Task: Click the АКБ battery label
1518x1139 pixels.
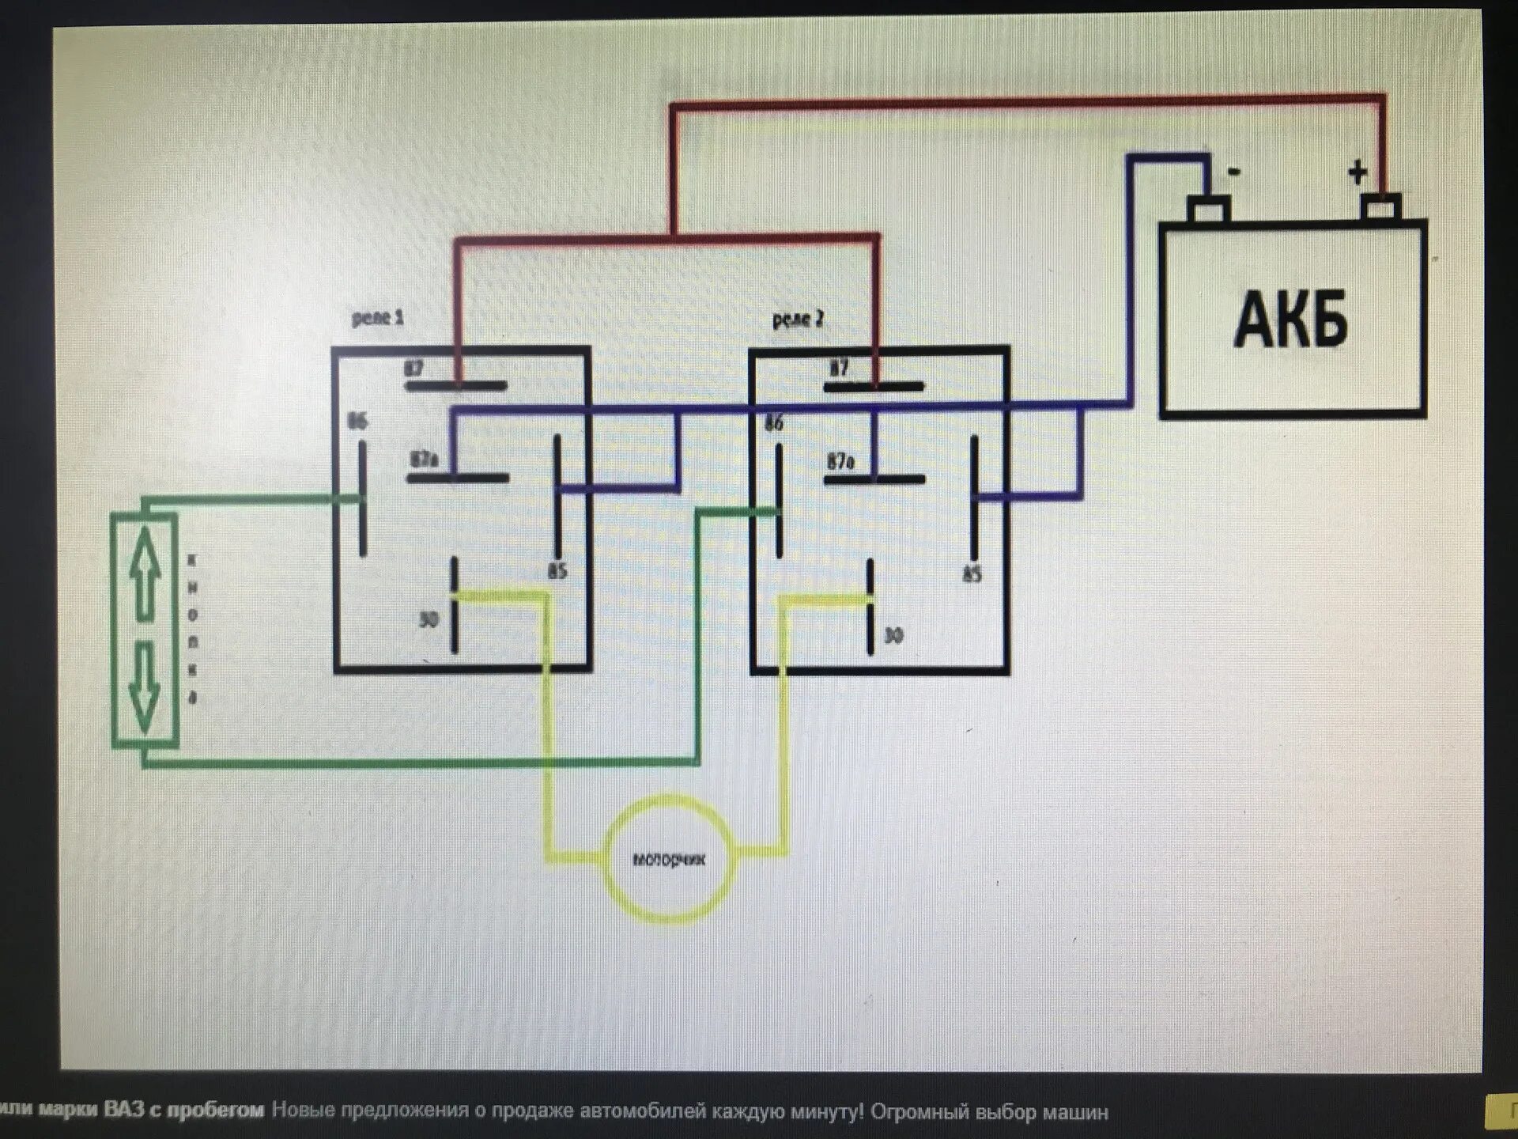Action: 1291,320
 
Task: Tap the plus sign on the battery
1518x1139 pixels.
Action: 1358,172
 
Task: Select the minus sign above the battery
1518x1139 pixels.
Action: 1234,171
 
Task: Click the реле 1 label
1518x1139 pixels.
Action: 377,318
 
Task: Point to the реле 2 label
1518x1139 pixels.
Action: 797,320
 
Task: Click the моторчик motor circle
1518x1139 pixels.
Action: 669,859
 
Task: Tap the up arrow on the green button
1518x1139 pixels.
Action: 144,572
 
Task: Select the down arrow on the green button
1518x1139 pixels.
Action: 144,687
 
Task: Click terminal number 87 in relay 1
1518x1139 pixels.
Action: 413,369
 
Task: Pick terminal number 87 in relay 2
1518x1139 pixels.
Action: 839,369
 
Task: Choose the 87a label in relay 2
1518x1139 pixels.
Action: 840,461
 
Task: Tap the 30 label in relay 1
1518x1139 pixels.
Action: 428,620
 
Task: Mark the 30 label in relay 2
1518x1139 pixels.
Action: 893,636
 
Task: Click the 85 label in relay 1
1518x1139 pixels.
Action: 557,571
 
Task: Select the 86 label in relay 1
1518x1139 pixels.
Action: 357,422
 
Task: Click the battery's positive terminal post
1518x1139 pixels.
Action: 1380,208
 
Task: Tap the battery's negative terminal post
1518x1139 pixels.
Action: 1209,210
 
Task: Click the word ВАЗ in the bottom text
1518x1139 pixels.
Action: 124,1111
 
